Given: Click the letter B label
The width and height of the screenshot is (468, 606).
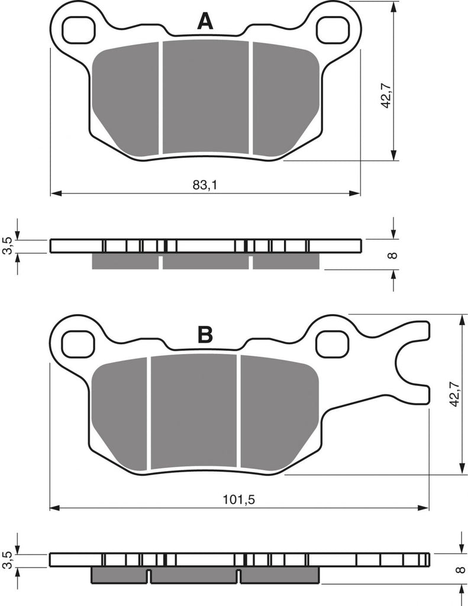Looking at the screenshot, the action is coord(205,334).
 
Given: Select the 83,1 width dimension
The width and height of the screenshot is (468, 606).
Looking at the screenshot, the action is coord(205,185).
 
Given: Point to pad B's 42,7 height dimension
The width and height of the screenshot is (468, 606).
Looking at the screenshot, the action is coord(454,394).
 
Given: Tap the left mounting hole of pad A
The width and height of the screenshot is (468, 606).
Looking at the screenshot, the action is coord(79,30).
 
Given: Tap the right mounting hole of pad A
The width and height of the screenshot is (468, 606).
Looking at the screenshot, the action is coord(332,30).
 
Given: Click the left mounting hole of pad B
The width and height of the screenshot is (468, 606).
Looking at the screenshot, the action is coord(79,344).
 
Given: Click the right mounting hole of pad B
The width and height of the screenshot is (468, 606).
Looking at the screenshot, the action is coord(332,344).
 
